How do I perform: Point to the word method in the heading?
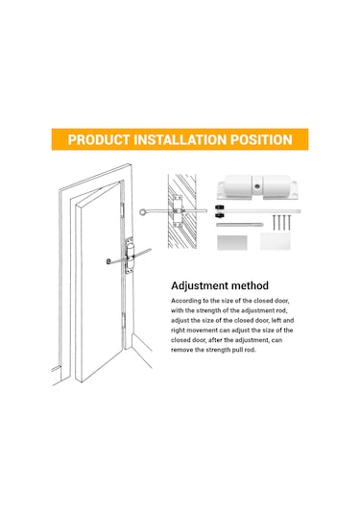click(250, 285)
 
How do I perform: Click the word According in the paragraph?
click(185, 301)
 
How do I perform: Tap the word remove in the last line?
click(181, 350)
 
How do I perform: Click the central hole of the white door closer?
click(257, 186)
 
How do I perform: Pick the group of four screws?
click(281, 222)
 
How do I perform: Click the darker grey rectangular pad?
click(232, 242)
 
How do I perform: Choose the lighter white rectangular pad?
click(276, 241)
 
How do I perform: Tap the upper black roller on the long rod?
click(220, 208)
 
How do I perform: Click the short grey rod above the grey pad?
click(239, 225)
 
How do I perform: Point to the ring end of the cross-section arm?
click(142, 212)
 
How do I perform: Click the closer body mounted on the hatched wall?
click(178, 211)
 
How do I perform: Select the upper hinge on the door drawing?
click(123, 209)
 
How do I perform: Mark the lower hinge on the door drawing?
click(124, 321)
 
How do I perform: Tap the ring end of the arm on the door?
click(108, 261)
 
